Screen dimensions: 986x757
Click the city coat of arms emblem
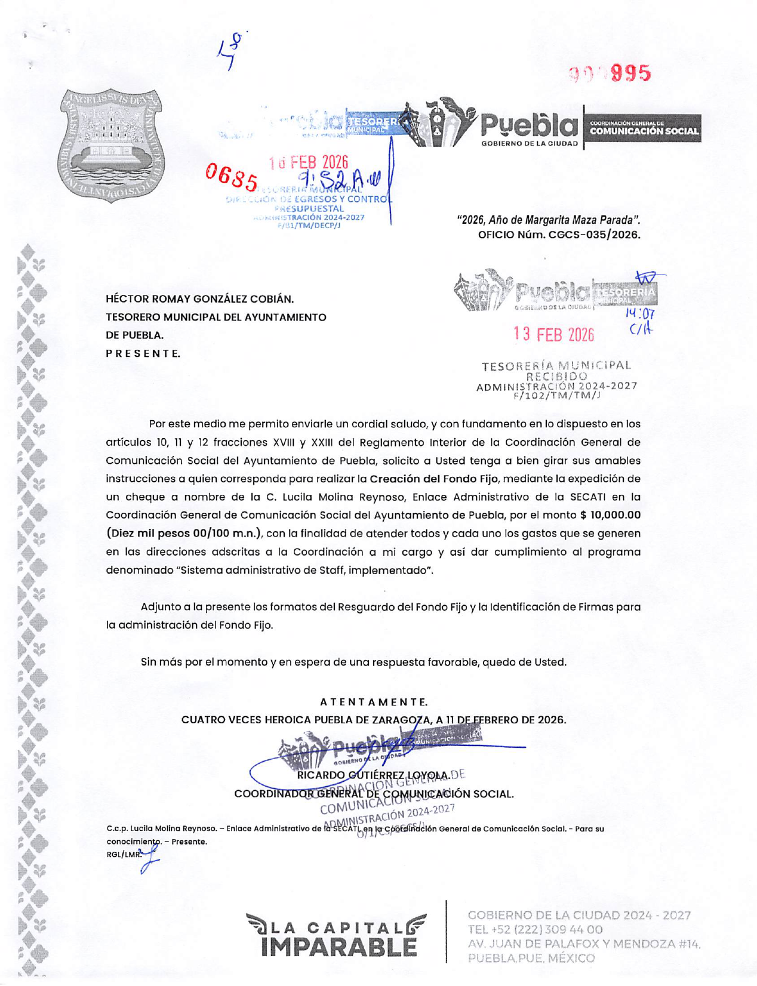110,146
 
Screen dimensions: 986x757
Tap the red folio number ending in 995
610,73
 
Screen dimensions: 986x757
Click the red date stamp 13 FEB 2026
553,334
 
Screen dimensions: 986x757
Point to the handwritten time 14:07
639,313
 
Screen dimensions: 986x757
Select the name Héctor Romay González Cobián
199,299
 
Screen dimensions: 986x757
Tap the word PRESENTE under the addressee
143,353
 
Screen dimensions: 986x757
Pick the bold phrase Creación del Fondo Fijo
431,479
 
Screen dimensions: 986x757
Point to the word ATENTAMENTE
374,702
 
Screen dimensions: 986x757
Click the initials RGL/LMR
122,854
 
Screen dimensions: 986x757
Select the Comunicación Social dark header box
644,128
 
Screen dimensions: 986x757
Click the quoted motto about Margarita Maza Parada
548,220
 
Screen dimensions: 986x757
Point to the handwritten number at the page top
230,50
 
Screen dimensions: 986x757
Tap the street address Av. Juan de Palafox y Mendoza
584,944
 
